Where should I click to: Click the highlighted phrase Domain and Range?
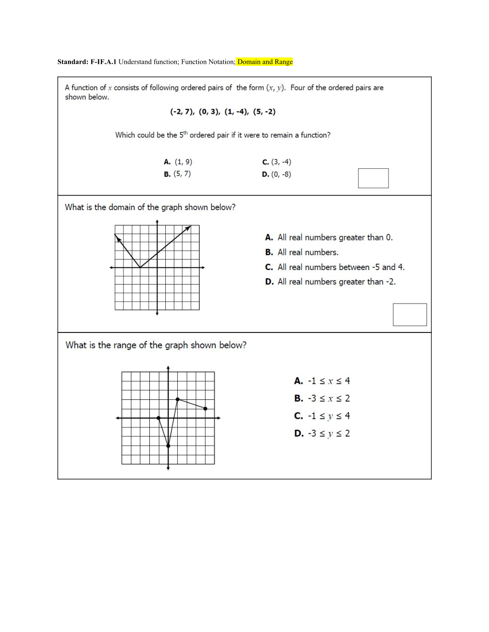point(265,62)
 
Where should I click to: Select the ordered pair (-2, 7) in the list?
point(182,112)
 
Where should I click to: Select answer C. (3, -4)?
point(277,162)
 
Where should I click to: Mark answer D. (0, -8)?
point(277,174)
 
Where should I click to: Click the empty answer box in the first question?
point(373,178)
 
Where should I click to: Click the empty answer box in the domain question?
point(410,315)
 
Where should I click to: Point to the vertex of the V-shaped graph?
point(140,268)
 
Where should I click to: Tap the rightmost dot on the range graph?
point(205,409)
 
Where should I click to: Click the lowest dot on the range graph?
point(168,446)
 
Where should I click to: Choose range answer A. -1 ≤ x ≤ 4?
point(322,381)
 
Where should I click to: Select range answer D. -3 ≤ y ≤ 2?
point(322,433)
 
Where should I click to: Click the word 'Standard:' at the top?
point(72,62)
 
